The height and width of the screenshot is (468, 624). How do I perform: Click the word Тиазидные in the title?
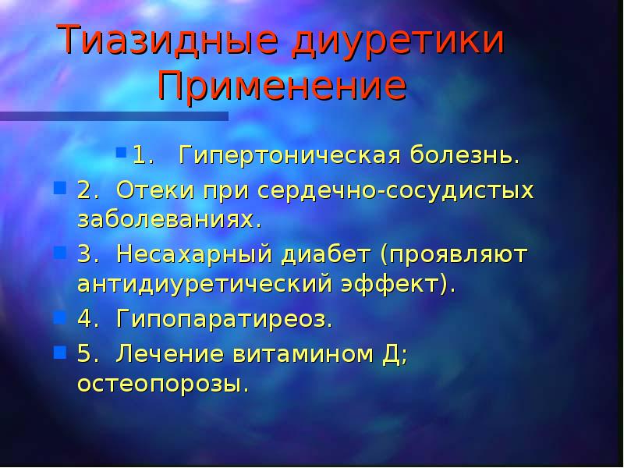168,40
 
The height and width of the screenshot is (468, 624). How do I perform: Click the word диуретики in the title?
398,40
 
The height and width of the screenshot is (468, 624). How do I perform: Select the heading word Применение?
282,85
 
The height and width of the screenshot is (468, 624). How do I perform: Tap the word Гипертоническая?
289,154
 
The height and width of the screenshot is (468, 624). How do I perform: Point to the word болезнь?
460,154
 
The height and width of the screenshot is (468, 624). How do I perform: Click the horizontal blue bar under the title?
114,115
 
